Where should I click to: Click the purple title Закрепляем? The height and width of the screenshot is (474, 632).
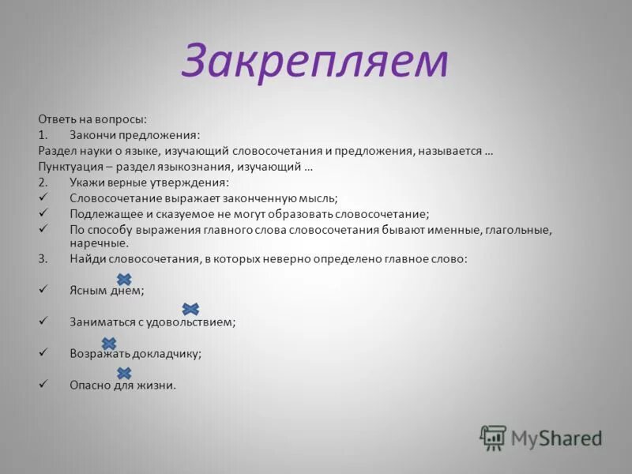tap(314, 62)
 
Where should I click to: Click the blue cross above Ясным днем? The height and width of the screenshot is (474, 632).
tap(124, 279)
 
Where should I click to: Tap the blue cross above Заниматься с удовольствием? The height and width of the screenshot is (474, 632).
tap(190, 309)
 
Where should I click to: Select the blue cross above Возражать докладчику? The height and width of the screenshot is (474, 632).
tap(109, 343)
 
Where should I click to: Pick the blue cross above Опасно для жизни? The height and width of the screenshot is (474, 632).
tap(124, 373)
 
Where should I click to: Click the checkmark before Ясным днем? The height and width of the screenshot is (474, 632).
tap(43, 290)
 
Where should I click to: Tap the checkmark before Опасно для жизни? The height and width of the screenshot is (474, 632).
tap(43, 385)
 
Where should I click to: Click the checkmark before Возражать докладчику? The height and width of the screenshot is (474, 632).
tap(43, 353)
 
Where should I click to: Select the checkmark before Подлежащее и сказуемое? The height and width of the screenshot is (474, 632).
tap(43, 213)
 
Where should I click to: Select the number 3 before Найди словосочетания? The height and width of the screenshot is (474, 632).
tap(42, 258)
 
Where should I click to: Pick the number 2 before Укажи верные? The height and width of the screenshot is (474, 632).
tap(42, 182)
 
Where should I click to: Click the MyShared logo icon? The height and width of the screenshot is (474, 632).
tap(493, 437)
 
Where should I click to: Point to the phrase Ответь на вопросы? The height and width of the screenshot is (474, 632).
tap(92, 119)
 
